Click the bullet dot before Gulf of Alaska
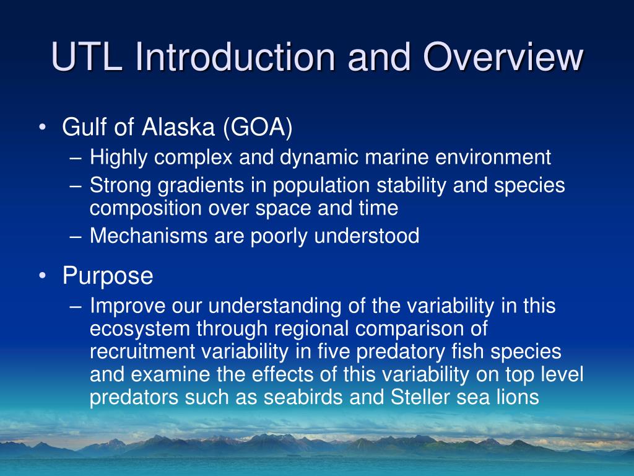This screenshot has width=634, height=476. pyautogui.click(x=43, y=127)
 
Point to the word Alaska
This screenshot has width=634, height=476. pyautogui.click(x=178, y=126)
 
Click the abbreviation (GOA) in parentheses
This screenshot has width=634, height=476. pyautogui.click(x=258, y=128)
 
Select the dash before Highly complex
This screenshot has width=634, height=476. pyautogui.click(x=76, y=158)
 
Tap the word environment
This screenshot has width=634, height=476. pyautogui.click(x=493, y=157)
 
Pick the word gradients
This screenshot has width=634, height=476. pyautogui.click(x=201, y=186)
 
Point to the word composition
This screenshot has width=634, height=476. pyautogui.click(x=145, y=209)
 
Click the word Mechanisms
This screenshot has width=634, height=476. pyautogui.click(x=149, y=236)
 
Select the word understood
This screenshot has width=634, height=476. pyautogui.click(x=367, y=236)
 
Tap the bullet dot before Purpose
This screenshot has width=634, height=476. pyautogui.click(x=43, y=276)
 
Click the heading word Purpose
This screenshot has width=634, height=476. pyautogui.click(x=108, y=276)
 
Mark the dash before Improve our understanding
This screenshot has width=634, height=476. pyautogui.click(x=76, y=307)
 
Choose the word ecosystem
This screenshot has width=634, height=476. pyautogui.click(x=140, y=329)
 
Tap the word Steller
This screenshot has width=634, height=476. pyautogui.click(x=420, y=397)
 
